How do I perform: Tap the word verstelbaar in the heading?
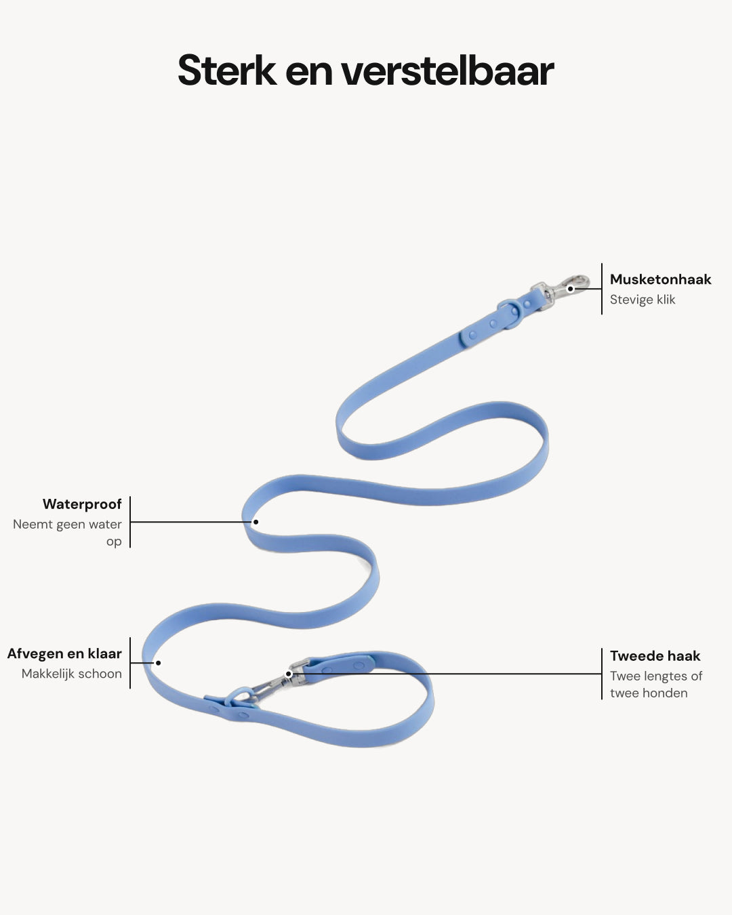click(x=448, y=70)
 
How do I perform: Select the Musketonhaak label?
click(x=661, y=279)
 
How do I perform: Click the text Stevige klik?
click(x=643, y=300)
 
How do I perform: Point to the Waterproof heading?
click(x=82, y=504)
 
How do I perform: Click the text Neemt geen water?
click(x=67, y=524)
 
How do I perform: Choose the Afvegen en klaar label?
click(x=64, y=653)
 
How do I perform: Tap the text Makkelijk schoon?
click(x=72, y=674)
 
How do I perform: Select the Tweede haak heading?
click(x=655, y=656)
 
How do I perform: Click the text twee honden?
click(x=649, y=693)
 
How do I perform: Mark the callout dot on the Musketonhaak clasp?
click(x=571, y=289)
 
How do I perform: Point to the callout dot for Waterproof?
click(x=256, y=522)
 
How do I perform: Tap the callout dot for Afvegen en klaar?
click(x=158, y=663)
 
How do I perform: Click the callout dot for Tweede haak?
click(x=288, y=674)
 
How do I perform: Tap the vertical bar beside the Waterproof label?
click(x=130, y=522)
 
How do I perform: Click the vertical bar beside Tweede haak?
click(x=602, y=674)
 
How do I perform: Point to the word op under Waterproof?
click(x=114, y=542)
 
